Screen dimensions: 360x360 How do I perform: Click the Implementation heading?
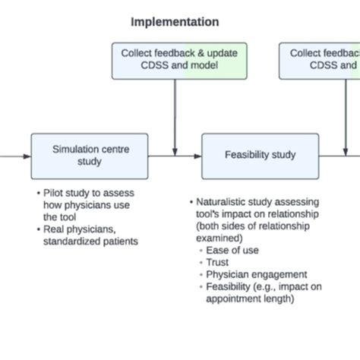175,21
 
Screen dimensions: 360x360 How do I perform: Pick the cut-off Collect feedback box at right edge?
323,59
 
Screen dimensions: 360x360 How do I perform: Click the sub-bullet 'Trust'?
218,262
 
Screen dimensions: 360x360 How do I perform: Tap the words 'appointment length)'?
251,298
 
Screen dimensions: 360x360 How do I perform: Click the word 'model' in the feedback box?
204,65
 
